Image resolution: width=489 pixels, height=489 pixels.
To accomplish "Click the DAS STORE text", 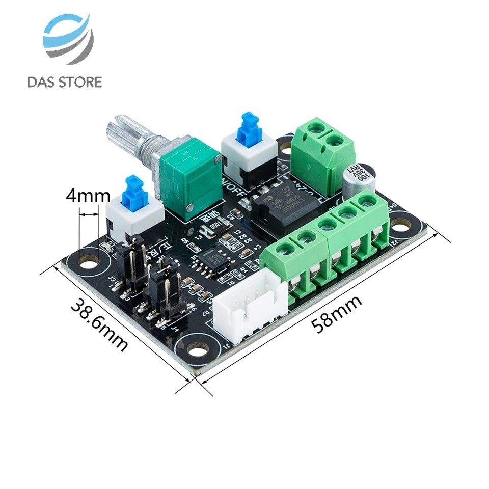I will (65, 81).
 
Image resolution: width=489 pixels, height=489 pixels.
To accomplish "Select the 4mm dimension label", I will (88, 196).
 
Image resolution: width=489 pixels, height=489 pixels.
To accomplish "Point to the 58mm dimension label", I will (337, 314).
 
